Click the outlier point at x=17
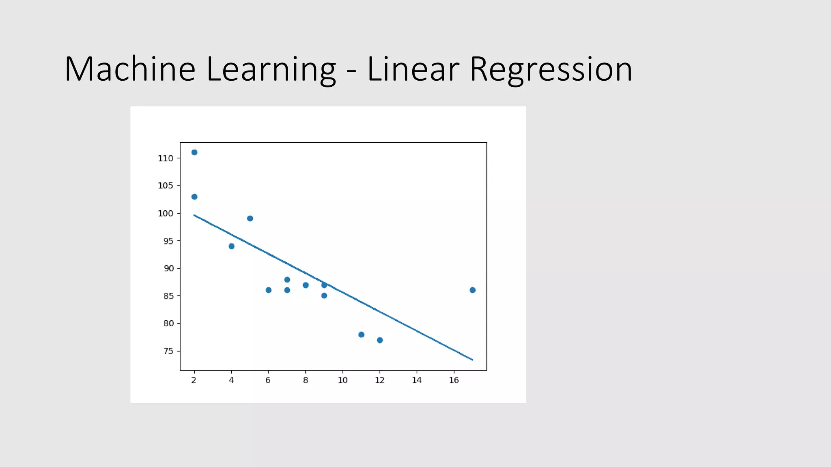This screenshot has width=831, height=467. pos(472,290)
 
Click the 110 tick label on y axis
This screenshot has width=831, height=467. pos(165,159)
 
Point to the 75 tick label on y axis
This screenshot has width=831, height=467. pos(168,351)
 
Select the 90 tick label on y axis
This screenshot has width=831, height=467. pos(168,268)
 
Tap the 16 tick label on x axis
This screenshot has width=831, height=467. pos(454,380)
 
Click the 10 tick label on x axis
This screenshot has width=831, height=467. pos(342,380)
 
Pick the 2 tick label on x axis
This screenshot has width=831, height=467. pos(194,380)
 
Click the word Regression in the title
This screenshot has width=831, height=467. pos(551,70)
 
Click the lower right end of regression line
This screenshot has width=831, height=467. pos(471,359)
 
